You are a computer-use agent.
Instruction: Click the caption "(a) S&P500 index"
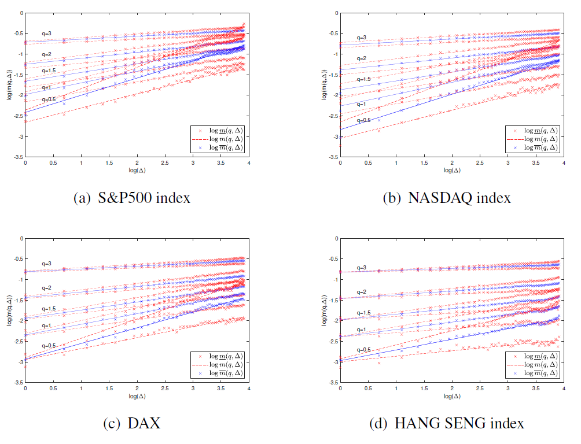(132, 198)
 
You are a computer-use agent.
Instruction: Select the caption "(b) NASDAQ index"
(447, 198)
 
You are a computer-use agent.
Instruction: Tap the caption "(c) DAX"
(131, 424)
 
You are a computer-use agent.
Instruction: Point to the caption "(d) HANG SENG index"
(447, 424)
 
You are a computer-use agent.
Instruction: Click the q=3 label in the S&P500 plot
(46, 34)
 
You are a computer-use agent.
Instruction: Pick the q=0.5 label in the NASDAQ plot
(363, 120)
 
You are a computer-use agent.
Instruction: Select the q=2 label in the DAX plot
(46, 287)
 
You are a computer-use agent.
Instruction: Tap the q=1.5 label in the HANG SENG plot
(363, 313)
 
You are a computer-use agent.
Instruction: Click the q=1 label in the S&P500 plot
(46, 87)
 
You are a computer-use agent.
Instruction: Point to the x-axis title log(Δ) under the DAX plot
(137, 396)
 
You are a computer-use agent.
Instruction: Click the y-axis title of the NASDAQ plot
(324, 84)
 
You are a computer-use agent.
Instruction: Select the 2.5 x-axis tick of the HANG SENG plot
(480, 388)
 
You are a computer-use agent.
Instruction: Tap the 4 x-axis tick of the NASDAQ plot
(564, 163)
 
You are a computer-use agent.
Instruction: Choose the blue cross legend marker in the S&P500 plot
(197, 147)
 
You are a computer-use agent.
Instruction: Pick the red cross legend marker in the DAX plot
(197, 356)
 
